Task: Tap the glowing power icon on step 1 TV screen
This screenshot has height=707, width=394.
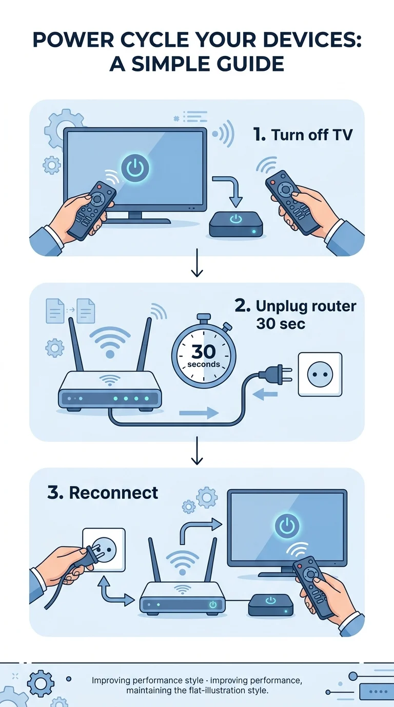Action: point(135,168)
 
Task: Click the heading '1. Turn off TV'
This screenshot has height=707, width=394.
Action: point(303,135)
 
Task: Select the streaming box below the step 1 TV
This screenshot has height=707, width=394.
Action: point(236,224)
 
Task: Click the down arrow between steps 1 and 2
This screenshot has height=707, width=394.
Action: point(197,263)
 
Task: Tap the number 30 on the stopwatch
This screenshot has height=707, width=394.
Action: point(203,351)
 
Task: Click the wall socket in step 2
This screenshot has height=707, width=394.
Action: point(320,375)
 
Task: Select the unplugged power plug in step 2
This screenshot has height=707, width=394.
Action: point(275,374)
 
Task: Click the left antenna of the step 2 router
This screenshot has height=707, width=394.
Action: point(75,344)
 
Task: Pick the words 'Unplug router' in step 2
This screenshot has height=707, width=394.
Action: point(306,306)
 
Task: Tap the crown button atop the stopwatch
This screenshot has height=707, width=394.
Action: point(203,317)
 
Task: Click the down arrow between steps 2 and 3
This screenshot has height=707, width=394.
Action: point(197,451)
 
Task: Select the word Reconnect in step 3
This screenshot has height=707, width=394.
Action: point(113,493)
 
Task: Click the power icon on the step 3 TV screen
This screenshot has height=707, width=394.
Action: point(287,525)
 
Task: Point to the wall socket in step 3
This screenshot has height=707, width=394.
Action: point(104,550)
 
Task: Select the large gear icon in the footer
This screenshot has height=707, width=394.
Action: point(41,683)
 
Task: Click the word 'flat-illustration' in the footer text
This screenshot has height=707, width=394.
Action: point(217,690)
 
